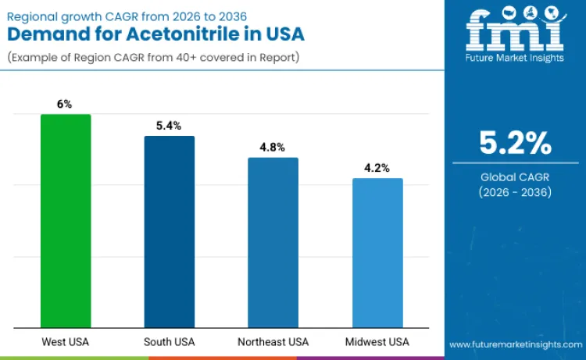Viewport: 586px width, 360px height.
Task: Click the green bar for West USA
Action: point(66,221)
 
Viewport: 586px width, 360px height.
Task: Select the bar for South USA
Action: point(170,232)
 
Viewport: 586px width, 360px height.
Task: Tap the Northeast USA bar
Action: point(273,243)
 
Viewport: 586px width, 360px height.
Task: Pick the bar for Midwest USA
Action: point(377,253)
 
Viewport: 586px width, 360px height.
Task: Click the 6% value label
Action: point(66,104)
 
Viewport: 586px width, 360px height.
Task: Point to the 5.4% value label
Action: point(170,125)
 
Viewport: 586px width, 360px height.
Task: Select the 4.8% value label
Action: point(273,147)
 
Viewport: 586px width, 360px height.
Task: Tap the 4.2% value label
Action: point(377,168)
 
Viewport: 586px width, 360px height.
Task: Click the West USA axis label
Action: point(66,342)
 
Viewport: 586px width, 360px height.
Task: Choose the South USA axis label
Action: point(170,342)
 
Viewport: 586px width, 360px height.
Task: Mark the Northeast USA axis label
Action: point(273,342)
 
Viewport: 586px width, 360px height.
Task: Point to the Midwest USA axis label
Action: point(377,342)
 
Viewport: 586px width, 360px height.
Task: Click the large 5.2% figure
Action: point(515,143)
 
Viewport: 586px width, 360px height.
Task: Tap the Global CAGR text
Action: point(515,177)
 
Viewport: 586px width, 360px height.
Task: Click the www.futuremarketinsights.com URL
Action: point(515,344)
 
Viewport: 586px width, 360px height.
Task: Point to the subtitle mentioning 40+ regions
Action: point(153,58)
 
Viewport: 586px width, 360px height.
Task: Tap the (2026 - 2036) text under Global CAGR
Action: point(515,192)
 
